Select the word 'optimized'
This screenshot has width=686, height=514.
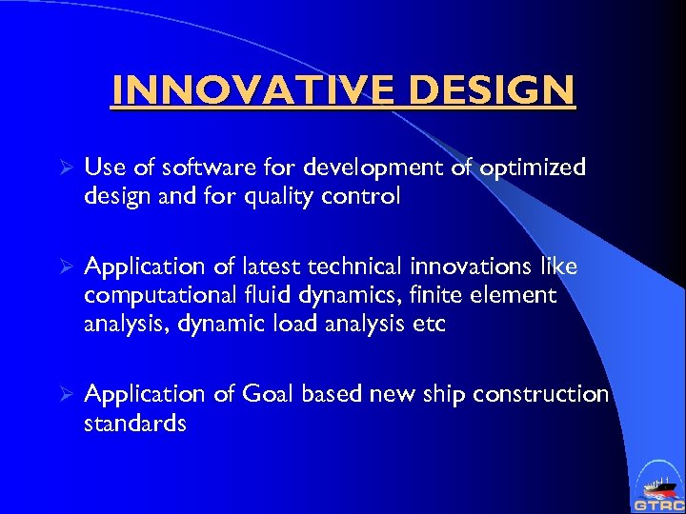[x=535, y=168]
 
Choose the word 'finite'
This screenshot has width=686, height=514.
[x=434, y=295]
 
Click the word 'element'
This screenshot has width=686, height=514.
[x=514, y=295]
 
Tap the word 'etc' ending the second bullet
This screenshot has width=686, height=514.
[x=428, y=325]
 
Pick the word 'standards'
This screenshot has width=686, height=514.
[x=135, y=424]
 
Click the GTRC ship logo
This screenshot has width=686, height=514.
[x=656, y=486]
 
